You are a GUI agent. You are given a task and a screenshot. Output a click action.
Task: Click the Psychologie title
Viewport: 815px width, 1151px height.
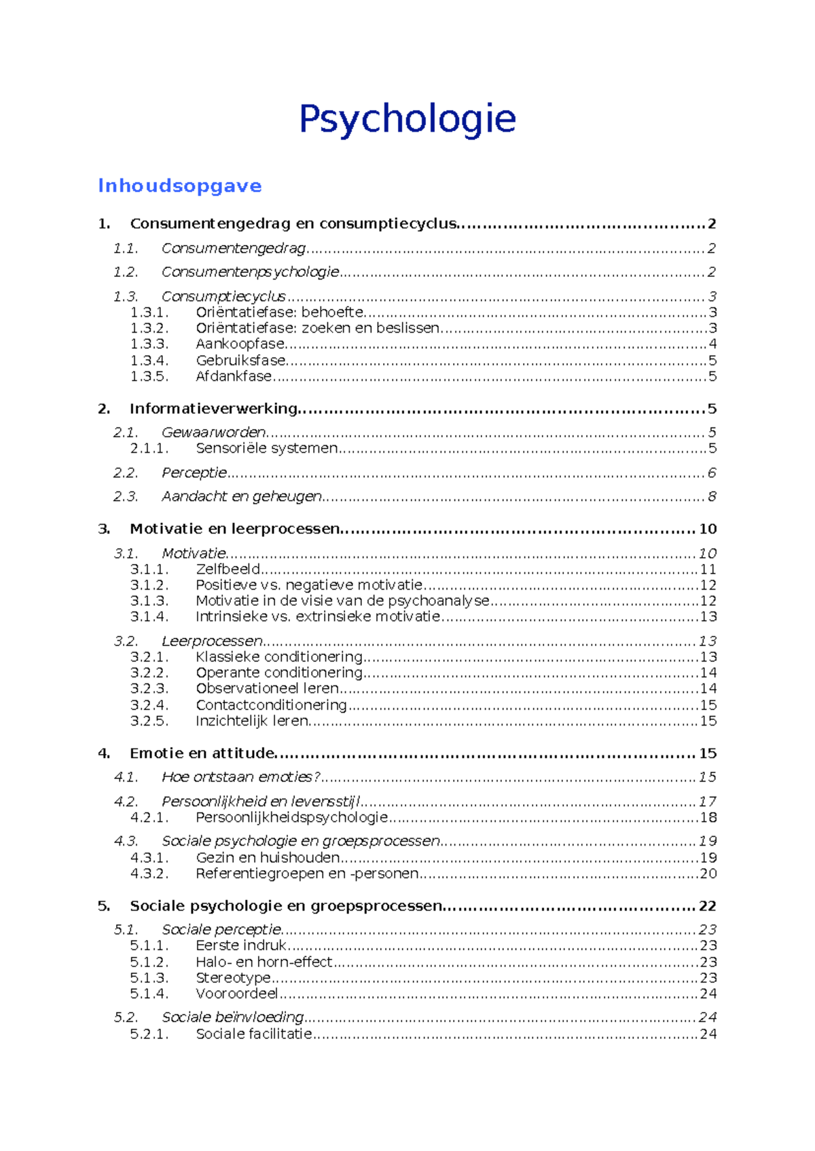[407, 119]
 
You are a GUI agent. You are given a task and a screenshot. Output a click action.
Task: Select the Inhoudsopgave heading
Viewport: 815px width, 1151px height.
[180, 186]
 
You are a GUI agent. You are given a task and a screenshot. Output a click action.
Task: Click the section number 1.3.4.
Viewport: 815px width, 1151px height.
[149, 360]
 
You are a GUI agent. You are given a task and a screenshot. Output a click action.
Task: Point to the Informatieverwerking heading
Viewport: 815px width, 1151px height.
[213, 409]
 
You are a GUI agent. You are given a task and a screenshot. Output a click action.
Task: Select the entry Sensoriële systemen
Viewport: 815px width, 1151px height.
[266, 449]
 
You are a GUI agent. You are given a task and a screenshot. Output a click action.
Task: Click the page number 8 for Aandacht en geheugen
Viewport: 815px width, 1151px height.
[712, 497]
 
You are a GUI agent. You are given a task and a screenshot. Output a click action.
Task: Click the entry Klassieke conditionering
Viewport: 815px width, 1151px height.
[279, 657]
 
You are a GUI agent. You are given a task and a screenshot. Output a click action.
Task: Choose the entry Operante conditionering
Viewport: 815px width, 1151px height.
[279, 673]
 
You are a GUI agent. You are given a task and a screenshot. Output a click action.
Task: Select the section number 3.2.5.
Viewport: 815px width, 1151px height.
[149, 721]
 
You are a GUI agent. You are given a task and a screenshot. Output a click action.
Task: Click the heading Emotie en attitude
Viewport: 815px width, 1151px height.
[202, 753]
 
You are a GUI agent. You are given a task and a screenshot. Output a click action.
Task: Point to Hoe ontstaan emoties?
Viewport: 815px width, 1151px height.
[240, 777]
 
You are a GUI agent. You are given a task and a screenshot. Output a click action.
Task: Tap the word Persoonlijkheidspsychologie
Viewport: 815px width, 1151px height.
[291, 818]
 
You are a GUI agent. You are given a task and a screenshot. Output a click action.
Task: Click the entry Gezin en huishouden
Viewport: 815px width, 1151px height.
[268, 858]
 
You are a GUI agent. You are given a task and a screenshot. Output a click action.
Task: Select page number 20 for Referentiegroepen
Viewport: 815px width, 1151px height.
[708, 874]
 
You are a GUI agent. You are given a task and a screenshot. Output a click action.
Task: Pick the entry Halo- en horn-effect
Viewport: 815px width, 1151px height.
[264, 962]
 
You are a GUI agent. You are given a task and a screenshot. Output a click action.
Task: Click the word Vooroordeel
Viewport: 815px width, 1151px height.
[237, 994]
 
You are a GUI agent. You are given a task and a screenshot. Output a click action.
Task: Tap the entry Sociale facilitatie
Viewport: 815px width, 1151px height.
[254, 1034]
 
